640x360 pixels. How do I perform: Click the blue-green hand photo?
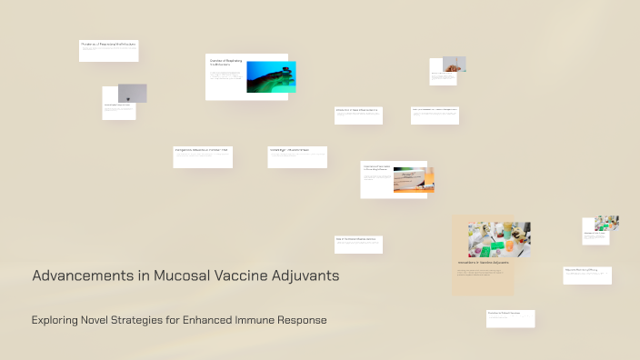[271, 77]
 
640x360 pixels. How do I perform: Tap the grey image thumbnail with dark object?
[132, 93]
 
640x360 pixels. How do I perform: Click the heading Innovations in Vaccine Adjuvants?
[482, 263]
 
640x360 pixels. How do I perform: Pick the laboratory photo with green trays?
[499, 239]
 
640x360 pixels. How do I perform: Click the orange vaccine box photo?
[414, 179]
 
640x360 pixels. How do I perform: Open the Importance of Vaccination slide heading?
[376, 168]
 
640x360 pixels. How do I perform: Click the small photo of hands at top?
[454, 65]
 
